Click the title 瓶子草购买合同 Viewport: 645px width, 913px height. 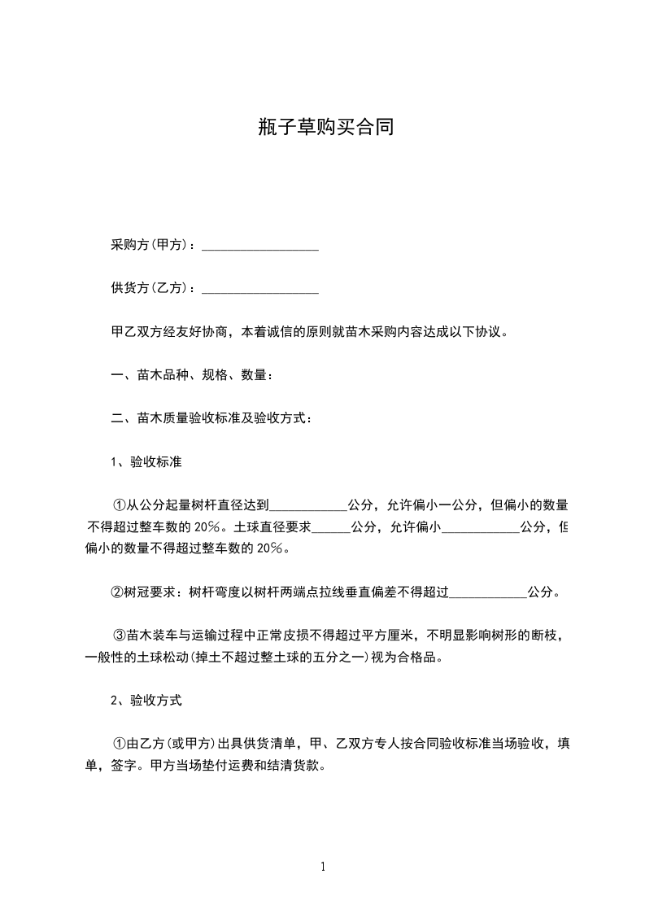click(324, 127)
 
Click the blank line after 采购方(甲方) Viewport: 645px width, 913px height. click(259, 246)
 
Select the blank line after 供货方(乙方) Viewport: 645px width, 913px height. click(259, 289)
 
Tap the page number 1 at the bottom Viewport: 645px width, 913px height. click(323, 867)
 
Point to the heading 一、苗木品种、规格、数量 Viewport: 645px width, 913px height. click(191, 375)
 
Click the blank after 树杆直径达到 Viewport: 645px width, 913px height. click(308, 506)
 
